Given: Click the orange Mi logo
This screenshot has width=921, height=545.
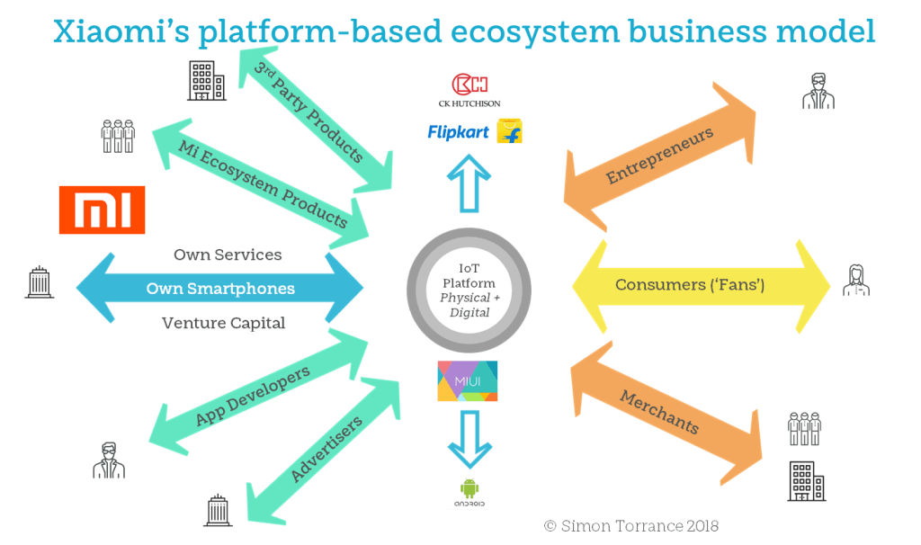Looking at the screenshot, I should click(x=102, y=210).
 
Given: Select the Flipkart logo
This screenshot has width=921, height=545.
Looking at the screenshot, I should click(x=475, y=132).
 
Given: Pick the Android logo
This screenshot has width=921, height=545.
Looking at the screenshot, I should click(x=469, y=492).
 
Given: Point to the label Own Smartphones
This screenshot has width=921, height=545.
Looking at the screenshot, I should click(x=220, y=289).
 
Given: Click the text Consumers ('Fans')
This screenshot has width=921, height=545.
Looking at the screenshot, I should click(x=690, y=285).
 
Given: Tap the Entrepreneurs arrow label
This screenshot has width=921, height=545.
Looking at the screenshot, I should click(x=659, y=156).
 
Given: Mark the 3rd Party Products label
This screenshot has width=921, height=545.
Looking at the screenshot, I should click(x=308, y=112).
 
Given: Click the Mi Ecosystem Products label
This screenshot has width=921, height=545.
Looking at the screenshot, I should click(x=262, y=183).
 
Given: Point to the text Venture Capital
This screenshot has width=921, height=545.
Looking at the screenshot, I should click(x=224, y=323).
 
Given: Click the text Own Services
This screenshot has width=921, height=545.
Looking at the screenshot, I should click(x=228, y=255).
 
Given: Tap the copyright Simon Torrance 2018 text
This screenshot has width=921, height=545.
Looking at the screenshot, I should click(x=631, y=525).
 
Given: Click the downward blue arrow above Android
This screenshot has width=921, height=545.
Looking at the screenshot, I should click(x=469, y=433).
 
